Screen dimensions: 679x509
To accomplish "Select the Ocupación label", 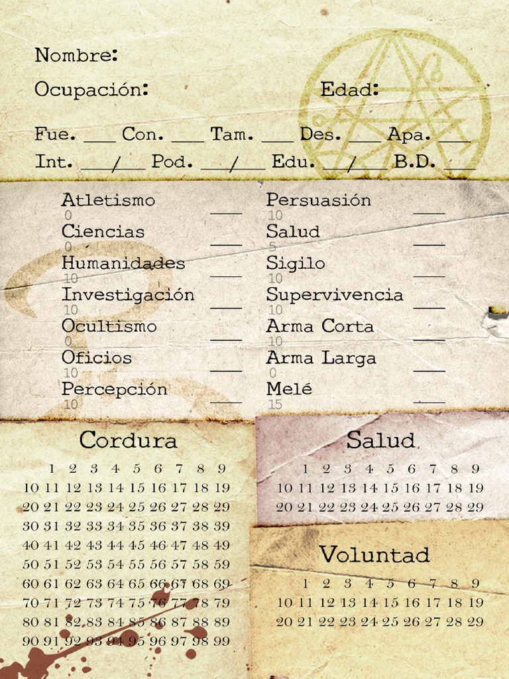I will pyautogui.click(x=91, y=90).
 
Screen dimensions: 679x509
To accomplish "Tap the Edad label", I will pyautogui.click(x=349, y=90).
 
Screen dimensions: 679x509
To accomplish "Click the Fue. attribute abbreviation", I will pyautogui.click(x=55, y=135).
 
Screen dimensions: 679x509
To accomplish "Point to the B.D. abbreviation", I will pyautogui.click(x=415, y=162).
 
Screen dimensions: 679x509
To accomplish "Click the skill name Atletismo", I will pyautogui.click(x=108, y=200).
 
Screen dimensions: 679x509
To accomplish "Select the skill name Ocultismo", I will pyautogui.click(x=109, y=326).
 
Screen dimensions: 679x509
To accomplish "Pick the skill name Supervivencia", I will pyautogui.click(x=335, y=294).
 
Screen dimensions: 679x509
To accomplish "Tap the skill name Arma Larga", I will pyautogui.click(x=321, y=358).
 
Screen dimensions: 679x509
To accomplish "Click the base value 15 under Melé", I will pyautogui.click(x=275, y=404).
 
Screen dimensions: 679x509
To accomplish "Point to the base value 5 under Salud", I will pyautogui.click(x=272, y=247).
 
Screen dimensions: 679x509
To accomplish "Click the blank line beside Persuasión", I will pyautogui.click(x=429, y=214).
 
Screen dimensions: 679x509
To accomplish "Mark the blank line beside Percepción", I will pyautogui.click(x=226, y=402).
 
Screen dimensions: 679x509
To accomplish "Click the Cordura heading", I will pyautogui.click(x=128, y=440).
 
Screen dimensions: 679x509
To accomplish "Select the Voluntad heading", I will pyautogui.click(x=374, y=554).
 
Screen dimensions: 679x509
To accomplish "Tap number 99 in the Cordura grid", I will pyautogui.click(x=222, y=641).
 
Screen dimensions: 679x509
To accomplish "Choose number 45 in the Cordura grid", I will pyautogui.click(x=137, y=546).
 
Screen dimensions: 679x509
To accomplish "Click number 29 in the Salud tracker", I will pyautogui.click(x=475, y=507).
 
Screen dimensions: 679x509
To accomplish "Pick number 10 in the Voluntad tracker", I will pyautogui.click(x=284, y=603).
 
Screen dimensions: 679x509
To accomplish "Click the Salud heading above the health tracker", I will pyautogui.click(x=380, y=440).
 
